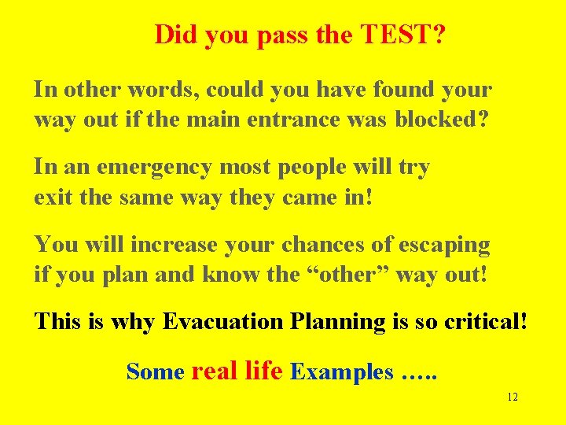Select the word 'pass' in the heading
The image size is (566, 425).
click(280, 36)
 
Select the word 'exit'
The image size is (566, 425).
click(53, 198)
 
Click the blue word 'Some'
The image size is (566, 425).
click(155, 371)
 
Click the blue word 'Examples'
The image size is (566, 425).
click(342, 372)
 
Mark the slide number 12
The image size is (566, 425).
click(512, 397)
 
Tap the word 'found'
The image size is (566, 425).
click(404, 90)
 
